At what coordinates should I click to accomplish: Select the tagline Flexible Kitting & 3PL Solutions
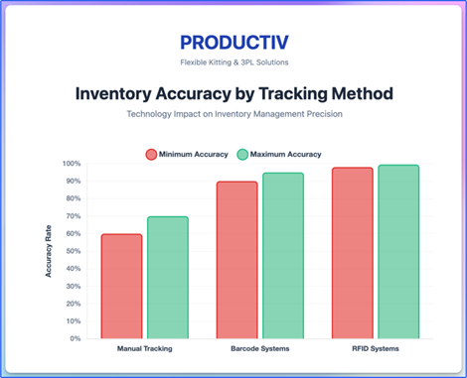[233, 63]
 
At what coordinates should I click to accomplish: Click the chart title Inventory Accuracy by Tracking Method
[233, 94]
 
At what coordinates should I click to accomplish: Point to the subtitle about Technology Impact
[233, 115]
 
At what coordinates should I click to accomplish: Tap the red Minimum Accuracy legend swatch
[152, 154]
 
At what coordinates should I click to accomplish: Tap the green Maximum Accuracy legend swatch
[242, 154]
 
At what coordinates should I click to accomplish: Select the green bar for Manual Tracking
[167, 277]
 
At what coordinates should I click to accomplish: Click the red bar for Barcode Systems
[236, 260]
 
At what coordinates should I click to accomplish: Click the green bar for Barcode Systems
[283, 255]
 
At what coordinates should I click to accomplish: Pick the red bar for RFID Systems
[353, 253]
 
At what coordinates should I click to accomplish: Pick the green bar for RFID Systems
[398, 251]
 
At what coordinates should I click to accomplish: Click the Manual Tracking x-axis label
[144, 349]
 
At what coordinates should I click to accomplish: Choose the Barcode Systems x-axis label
[259, 349]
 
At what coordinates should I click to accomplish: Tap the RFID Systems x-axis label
[376, 349]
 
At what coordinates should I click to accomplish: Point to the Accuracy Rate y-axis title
[49, 250]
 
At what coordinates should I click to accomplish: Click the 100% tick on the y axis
[72, 164]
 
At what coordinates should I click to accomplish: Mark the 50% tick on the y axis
[73, 251]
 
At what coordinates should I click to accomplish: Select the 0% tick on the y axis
[75, 338]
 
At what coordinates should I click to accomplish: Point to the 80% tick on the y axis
[73, 198]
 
